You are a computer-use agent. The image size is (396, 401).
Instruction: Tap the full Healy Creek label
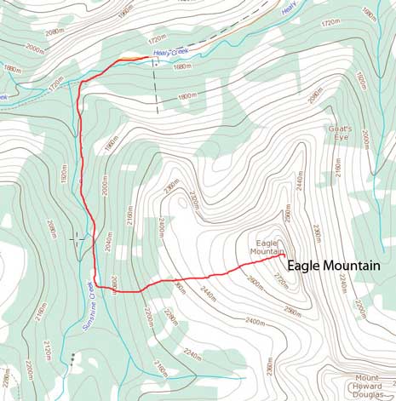[169, 53]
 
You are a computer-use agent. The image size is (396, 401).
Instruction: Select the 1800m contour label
[187, 96]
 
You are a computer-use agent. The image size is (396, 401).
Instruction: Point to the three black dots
[74, 357]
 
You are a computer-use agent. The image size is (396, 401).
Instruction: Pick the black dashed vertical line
[156, 89]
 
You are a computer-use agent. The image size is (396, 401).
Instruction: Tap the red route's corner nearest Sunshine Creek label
[95, 285]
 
